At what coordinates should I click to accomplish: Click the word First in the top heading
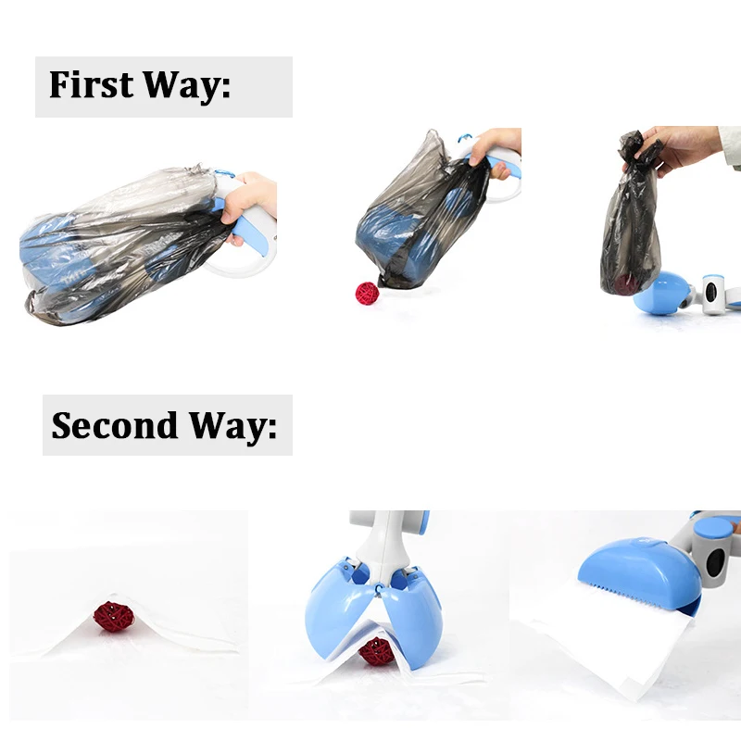(x=90, y=84)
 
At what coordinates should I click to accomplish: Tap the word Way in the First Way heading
(x=185, y=84)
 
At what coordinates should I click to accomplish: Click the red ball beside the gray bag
(x=368, y=293)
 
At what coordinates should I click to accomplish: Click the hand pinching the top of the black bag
(x=681, y=146)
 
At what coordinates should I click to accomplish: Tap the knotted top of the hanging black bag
(x=639, y=148)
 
